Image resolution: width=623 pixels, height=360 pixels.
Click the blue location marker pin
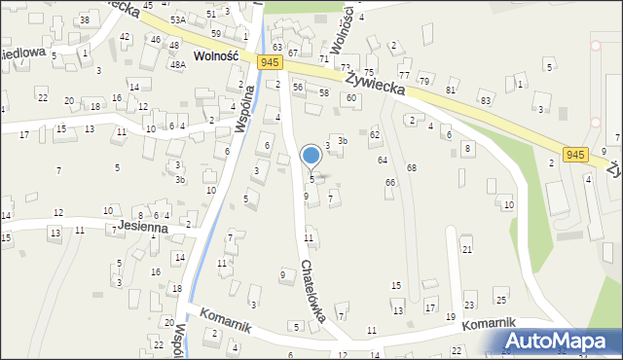[311, 156]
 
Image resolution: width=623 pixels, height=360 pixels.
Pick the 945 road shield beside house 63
[272, 62]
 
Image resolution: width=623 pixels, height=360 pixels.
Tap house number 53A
[177, 19]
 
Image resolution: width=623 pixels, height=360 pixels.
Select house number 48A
[177, 65]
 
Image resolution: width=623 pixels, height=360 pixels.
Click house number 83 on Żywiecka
[486, 100]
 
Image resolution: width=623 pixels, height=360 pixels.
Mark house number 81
[450, 90]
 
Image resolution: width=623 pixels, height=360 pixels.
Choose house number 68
[412, 168]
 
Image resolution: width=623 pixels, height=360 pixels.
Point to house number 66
[390, 182]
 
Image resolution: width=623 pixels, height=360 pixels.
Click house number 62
[375, 133]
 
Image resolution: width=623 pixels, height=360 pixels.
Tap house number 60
[350, 98]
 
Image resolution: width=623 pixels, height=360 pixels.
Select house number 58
[324, 92]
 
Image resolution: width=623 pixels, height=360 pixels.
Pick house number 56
[298, 88]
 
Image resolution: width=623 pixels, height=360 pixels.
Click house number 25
[500, 299]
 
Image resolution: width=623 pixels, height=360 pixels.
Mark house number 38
[85, 20]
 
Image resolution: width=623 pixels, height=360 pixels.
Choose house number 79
[423, 79]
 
